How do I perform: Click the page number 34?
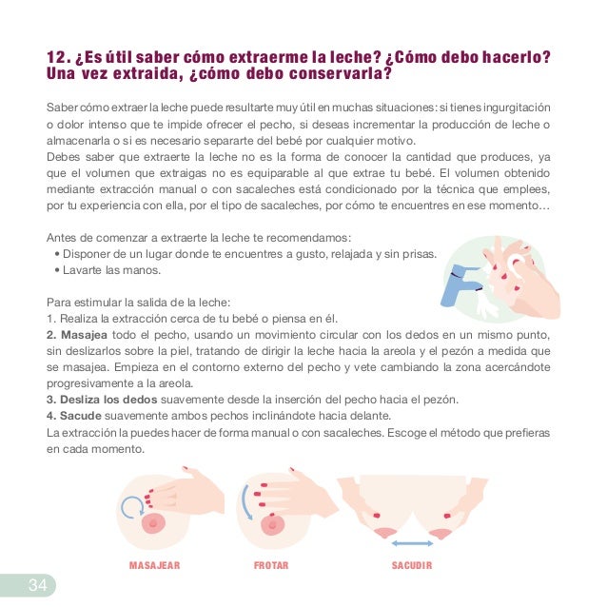[x=37, y=584]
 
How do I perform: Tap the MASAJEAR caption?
[x=154, y=565]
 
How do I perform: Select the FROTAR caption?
[x=271, y=565]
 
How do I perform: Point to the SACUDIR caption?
[x=412, y=565]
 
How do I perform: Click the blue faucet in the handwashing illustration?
[x=460, y=284]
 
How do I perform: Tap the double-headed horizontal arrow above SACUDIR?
[x=412, y=543]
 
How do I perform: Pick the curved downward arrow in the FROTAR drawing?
[x=245, y=502]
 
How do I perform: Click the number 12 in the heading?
[x=56, y=57]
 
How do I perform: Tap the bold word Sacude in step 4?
[x=81, y=416]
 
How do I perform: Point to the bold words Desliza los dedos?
[x=108, y=400]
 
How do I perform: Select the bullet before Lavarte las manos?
[x=57, y=270]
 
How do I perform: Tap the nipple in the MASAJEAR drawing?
[x=154, y=523]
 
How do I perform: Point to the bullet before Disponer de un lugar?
[x=57, y=254]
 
